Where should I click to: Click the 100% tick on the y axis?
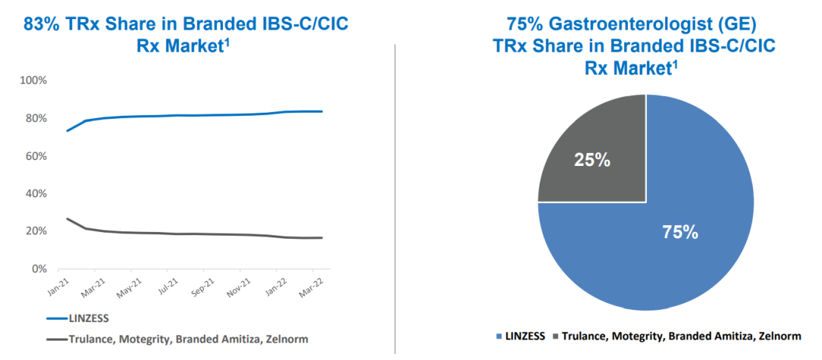(33, 81)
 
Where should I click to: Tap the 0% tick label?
(39, 269)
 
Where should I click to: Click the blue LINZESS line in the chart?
(190, 115)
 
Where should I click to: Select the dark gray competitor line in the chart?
(190, 234)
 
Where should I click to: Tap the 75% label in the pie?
(680, 233)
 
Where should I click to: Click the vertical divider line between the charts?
(395, 198)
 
